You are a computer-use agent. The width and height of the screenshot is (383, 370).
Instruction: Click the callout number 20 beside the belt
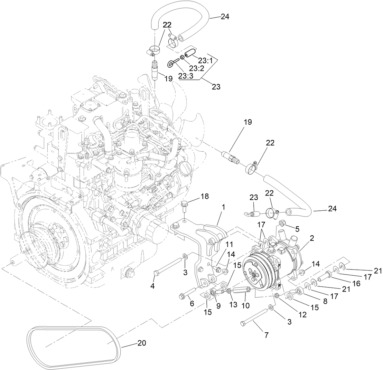click(x=142, y=343)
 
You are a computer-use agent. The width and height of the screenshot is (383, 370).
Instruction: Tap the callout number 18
click(x=205, y=196)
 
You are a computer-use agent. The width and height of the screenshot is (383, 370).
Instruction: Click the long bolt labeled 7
click(x=254, y=316)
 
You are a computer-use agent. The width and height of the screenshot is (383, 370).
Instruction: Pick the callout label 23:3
click(x=186, y=76)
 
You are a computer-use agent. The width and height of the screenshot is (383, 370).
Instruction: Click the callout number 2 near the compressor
click(x=312, y=238)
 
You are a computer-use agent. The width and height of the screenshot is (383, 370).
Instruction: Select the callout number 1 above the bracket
click(x=223, y=207)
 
